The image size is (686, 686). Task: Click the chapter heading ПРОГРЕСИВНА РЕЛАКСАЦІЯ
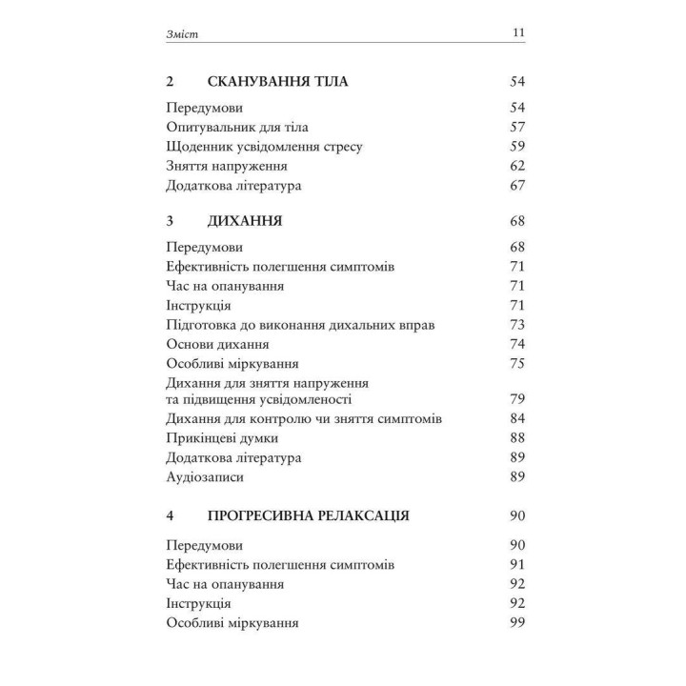tap(309, 516)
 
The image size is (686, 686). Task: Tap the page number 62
tap(517, 167)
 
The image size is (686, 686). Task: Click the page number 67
tap(517, 186)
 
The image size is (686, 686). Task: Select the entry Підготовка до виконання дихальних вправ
tap(299, 325)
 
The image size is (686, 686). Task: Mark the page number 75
tap(517, 363)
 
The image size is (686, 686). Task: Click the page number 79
tap(517, 398)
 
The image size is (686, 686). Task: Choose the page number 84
tap(517, 418)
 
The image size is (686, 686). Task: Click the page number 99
tap(517, 623)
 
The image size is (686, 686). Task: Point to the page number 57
tap(517, 127)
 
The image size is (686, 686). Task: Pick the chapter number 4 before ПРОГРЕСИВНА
tap(170, 516)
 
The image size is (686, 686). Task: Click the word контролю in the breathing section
tap(275, 418)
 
